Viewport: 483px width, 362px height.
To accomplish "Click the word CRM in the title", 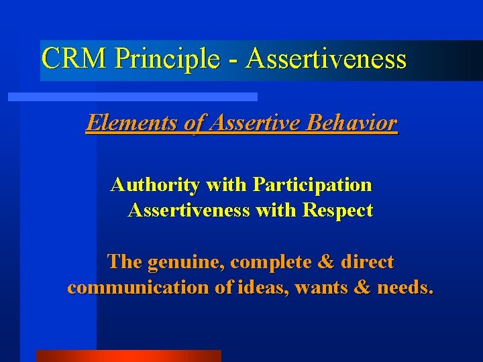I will coord(74,59).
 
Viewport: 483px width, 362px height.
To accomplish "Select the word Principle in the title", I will coord(167,59).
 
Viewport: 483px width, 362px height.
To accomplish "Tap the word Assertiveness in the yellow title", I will coord(326,59).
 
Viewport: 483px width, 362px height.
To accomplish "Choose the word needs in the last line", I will coord(405,288).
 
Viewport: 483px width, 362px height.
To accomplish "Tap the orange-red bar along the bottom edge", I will coord(128,356).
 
